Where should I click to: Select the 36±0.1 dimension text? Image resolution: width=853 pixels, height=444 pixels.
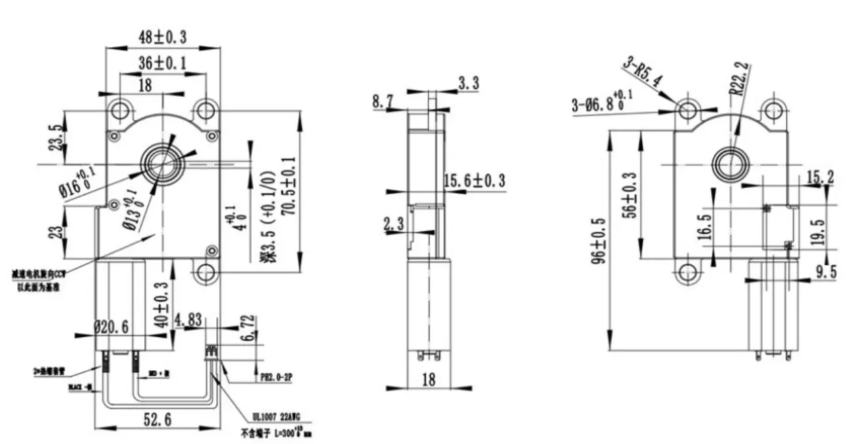coord(162,63)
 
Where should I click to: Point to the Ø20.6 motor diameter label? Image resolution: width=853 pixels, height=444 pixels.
coord(113,326)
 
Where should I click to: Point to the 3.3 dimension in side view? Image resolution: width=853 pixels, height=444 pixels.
coord(468,83)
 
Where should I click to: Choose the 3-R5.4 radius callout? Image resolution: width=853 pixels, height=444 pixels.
coord(643,74)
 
